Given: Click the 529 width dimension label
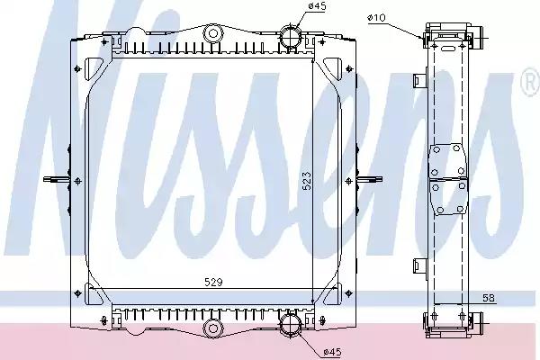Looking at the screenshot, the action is click(x=213, y=282).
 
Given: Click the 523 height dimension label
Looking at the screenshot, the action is click(x=307, y=181).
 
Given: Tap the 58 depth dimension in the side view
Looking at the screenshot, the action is click(x=489, y=298).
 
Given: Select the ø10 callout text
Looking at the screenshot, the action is click(x=376, y=18).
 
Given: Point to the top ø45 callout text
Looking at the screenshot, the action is click(x=317, y=6).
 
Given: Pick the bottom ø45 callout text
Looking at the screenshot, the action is click(x=332, y=352).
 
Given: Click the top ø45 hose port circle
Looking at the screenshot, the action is click(x=291, y=37).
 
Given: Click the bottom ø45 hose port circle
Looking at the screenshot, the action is click(x=291, y=324).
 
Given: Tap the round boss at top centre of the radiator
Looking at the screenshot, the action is click(x=213, y=34).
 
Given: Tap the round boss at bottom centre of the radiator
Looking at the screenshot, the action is click(x=213, y=328).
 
